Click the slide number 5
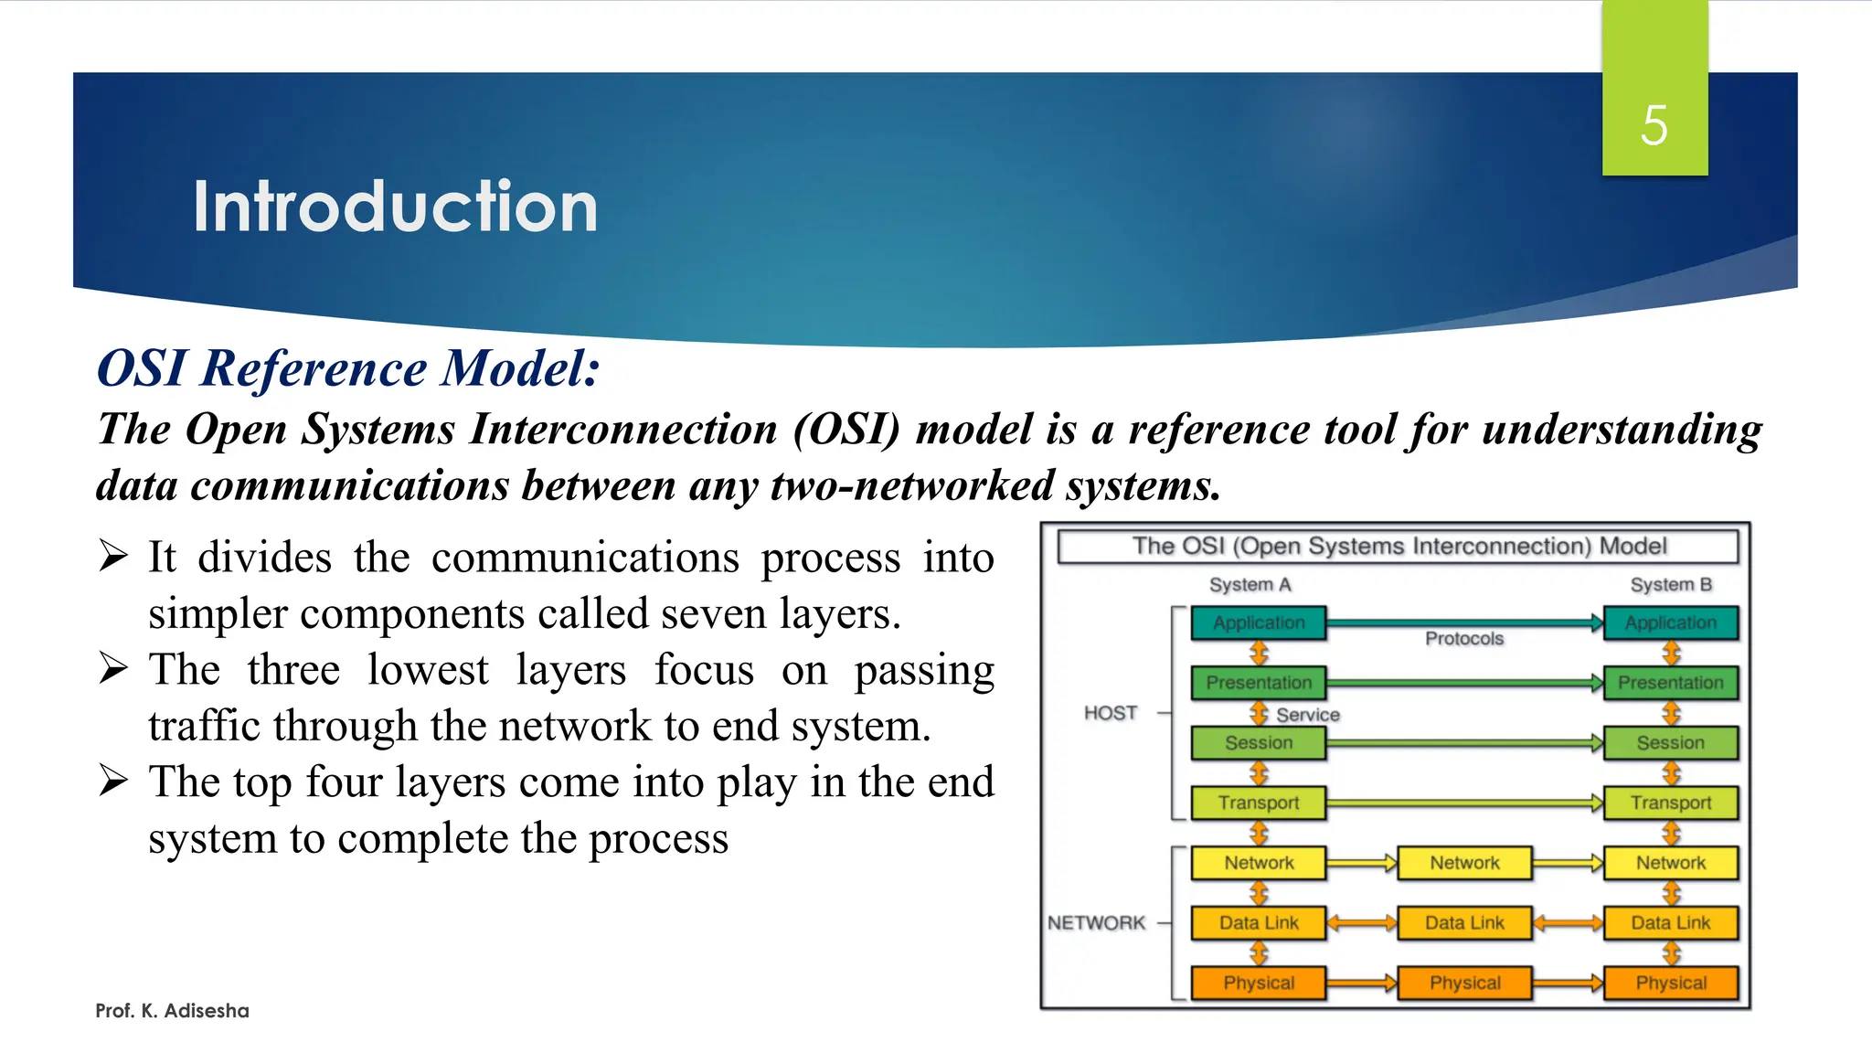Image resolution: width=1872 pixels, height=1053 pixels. pos(1654,125)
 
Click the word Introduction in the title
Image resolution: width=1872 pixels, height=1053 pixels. pos(395,207)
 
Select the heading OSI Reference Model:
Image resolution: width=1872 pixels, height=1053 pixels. pos(348,368)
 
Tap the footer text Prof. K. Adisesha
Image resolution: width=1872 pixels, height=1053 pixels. pos(172,1010)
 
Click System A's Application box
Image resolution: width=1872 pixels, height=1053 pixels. pos(1259,622)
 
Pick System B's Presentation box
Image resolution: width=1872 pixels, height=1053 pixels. pos(1670,682)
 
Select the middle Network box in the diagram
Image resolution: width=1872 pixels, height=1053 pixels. pos(1464,862)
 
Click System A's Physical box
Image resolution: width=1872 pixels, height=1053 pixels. pos(1259,983)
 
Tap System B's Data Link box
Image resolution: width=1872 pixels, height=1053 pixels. pos(1670,922)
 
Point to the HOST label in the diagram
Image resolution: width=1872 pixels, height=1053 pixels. pos(1111,712)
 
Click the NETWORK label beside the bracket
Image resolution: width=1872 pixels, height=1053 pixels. pos(1096,922)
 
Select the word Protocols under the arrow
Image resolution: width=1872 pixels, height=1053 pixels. pos(1463,638)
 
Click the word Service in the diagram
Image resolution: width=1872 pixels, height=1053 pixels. pos(1308,715)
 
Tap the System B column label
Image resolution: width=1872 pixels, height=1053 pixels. pos(1671,584)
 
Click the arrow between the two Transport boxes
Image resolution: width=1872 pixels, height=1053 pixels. pos(1464,803)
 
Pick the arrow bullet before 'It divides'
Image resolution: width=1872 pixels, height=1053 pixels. pos(113,556)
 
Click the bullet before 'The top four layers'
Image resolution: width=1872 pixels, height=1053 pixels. pos(113,781)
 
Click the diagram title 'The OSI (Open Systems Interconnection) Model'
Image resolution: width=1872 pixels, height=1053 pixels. pos(1399,546)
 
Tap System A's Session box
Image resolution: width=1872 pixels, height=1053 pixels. pos(1259,742)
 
